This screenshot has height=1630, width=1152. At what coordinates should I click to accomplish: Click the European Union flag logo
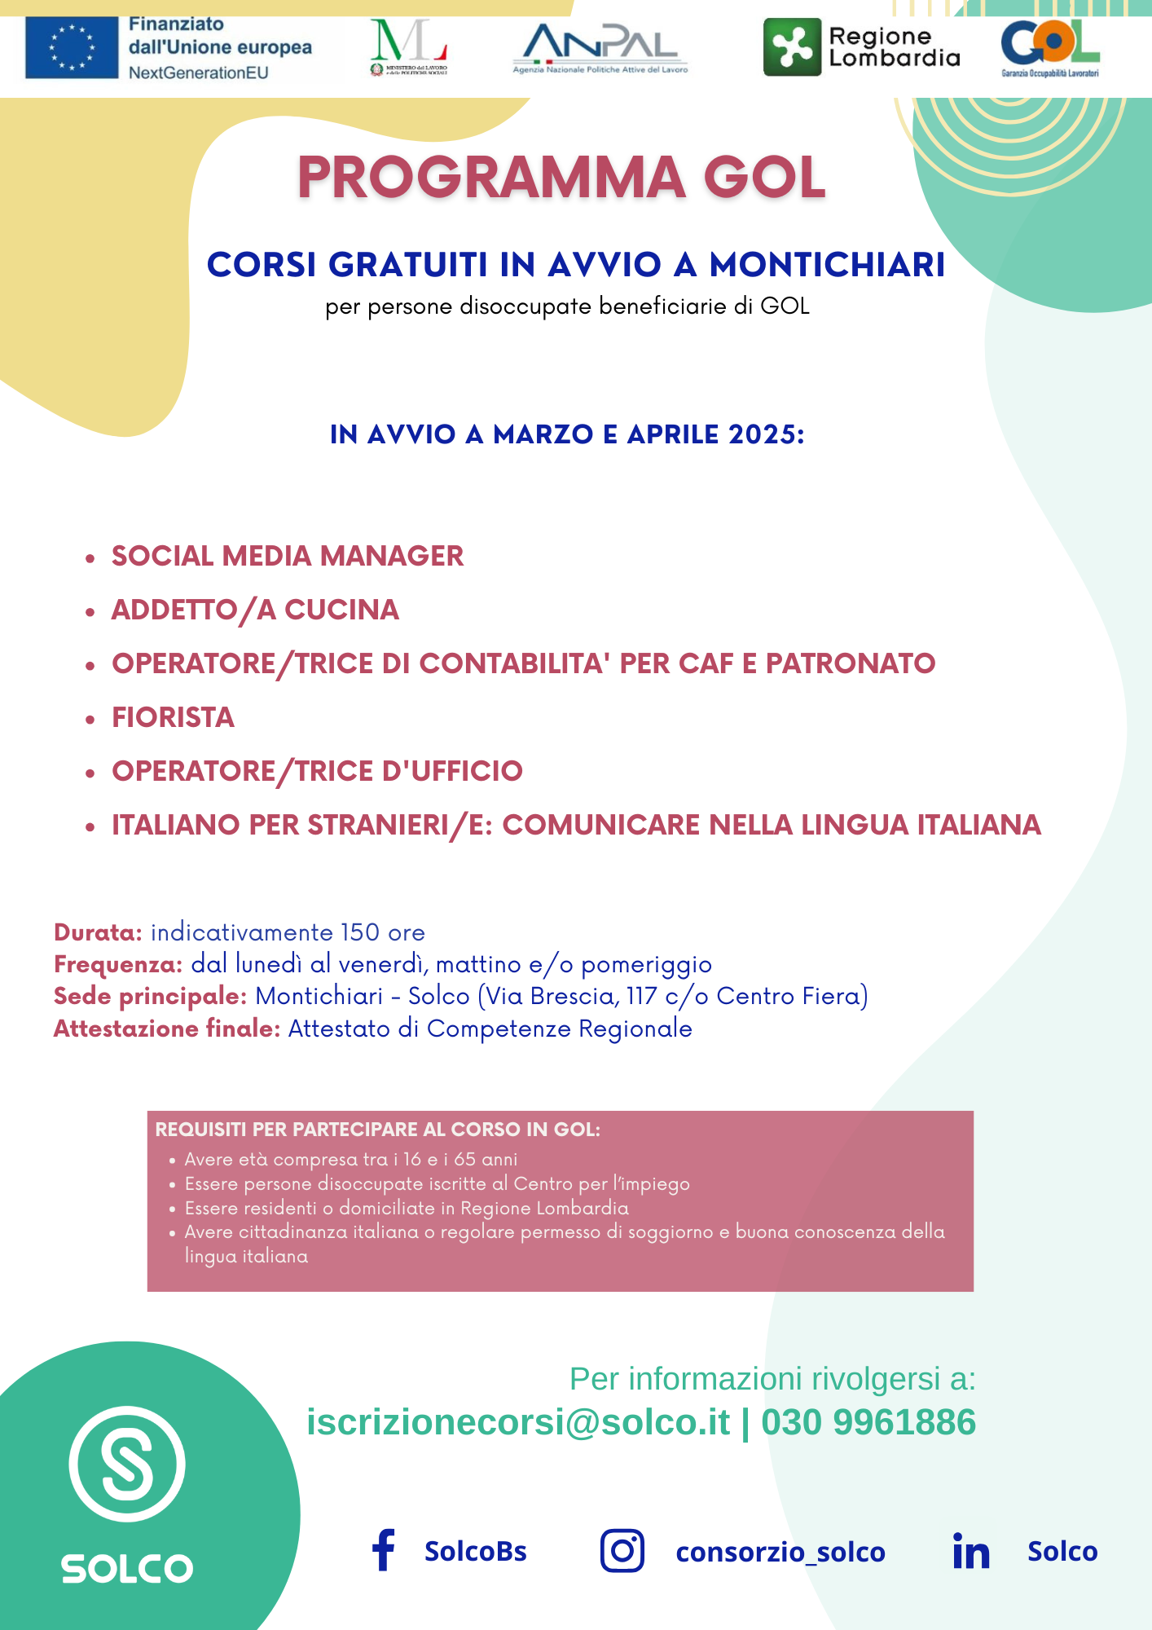coord(72,47)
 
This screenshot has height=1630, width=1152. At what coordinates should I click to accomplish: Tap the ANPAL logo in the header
coord(600,47)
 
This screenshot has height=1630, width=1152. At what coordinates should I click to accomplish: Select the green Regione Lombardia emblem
coord(792,47)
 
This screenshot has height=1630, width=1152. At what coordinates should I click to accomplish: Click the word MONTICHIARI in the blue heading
coord(827,265)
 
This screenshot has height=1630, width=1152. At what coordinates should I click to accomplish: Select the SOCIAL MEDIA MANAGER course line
coord(287,556)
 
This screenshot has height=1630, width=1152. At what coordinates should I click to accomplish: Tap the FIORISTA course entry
coord(173,717)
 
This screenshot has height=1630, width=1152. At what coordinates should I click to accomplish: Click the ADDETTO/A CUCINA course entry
coord(254,610)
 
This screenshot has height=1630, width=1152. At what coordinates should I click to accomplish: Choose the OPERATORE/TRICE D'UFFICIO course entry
coord(317,771)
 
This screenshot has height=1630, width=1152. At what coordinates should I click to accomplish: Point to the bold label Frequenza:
coord(118,965)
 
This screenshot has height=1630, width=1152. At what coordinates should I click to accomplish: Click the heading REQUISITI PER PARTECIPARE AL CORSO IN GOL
coord(377,1130)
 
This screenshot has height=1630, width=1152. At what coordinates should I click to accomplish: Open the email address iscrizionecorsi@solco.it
coord(518,1422)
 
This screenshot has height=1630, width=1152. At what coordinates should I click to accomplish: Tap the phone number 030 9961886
coord(868,1422)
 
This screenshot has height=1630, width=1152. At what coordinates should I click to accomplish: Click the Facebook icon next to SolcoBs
coord(383,1550)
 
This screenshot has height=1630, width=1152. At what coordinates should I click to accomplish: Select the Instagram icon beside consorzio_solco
coord(622,1550)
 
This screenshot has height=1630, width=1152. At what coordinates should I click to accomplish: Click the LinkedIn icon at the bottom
coord(971,1551)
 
